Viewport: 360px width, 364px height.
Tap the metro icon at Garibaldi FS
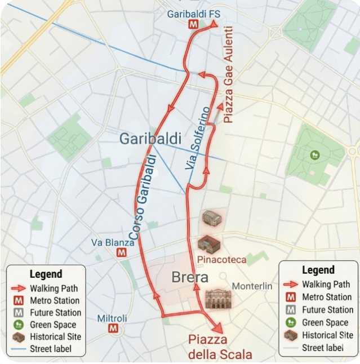pos(193,25)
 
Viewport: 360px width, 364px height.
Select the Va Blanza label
pos(113,242)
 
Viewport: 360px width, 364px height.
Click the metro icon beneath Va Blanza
pos(121,253)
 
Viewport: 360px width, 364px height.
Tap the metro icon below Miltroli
pos(113,329)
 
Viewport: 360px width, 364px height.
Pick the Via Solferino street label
pos(198,138)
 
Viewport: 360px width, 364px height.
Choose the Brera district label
pos(190,277)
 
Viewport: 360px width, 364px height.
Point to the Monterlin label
pos(252,286)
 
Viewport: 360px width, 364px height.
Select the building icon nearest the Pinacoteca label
pos(208,243)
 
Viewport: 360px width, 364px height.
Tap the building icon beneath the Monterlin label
pos(218,299)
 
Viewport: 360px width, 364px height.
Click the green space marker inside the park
pos(314,154)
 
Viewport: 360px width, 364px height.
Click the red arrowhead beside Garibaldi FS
pos(214,24)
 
